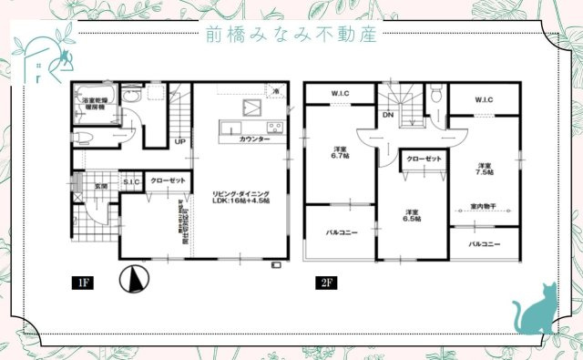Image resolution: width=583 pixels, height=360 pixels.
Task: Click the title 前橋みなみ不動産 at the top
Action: click(292, 36)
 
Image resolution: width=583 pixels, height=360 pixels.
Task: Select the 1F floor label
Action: click(82, 283)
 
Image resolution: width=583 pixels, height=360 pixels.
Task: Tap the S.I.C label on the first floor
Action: click(131, 180)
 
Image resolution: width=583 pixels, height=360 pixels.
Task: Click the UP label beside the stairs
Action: click(180, 141)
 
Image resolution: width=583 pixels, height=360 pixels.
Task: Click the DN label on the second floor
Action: click(388, 116)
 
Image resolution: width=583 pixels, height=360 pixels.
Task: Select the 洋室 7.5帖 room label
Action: click(484, 168)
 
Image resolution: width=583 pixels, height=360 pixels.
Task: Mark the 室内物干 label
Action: click(484, 205)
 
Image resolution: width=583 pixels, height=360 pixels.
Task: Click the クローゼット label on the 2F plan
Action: click(424, 159)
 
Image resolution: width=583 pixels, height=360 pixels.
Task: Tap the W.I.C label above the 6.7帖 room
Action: click(341, 94)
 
